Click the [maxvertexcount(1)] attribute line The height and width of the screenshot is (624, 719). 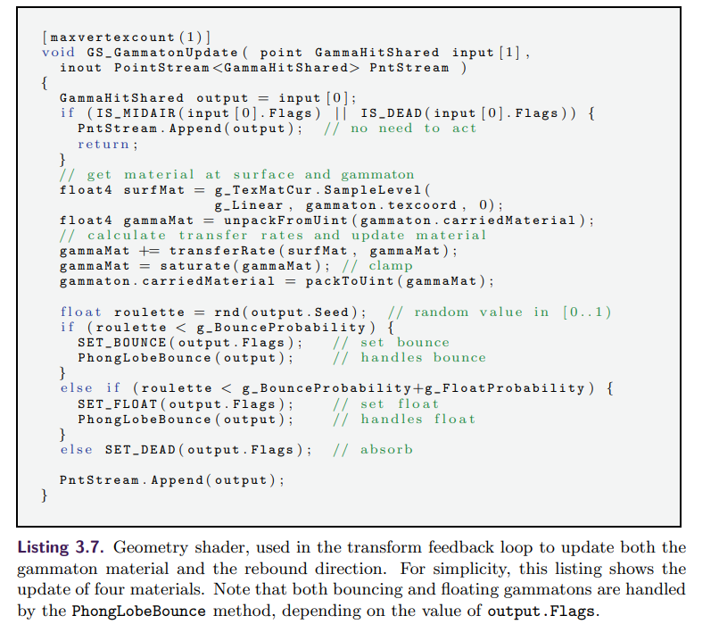[126, 37]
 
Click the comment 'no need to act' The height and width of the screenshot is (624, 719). [413, 129]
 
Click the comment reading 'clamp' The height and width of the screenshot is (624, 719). [390, 265]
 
